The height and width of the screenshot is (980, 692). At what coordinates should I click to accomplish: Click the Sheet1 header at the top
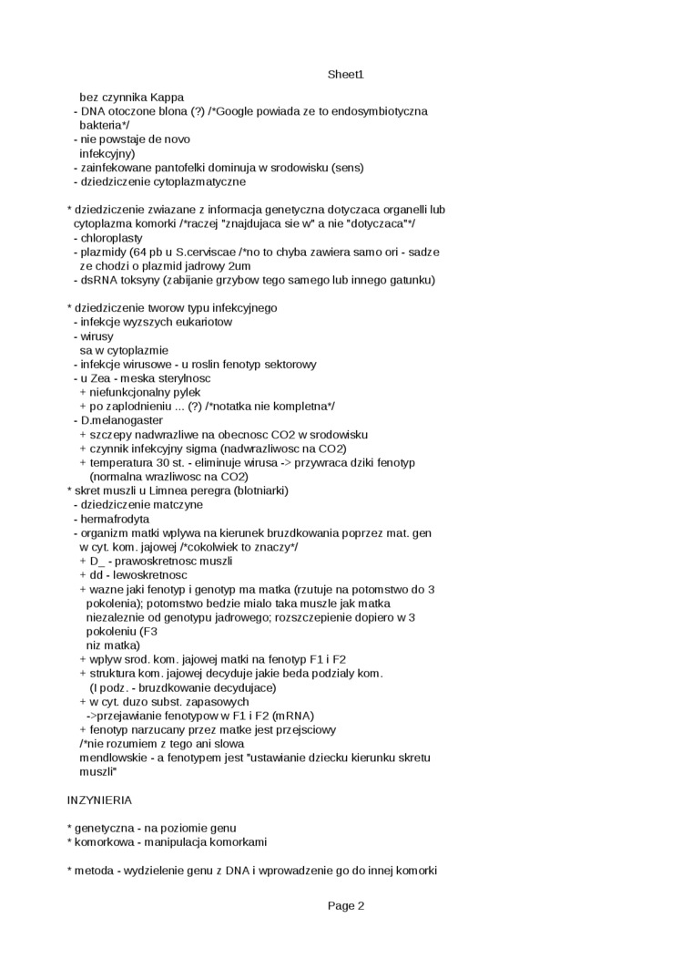346,75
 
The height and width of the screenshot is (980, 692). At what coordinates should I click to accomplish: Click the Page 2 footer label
346,905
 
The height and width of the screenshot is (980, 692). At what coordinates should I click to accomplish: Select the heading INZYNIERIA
99,799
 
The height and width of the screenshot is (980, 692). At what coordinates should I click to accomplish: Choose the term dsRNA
98,279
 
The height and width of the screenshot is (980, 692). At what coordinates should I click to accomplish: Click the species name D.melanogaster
121,420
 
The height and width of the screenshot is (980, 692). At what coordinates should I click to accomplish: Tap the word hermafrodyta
116,518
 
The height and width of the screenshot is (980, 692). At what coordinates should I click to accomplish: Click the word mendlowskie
114,757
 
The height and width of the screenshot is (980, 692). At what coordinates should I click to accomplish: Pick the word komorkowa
104,841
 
